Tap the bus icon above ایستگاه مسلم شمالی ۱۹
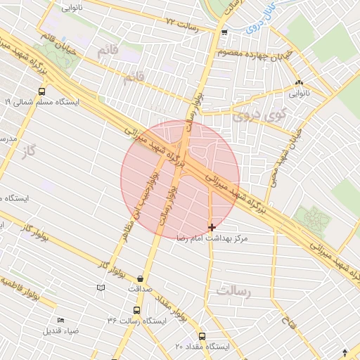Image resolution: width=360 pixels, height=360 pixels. click(42, 91)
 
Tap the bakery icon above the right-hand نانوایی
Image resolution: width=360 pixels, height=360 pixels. click(300, 82)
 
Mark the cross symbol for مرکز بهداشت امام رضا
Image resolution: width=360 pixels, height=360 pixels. click(212, 227)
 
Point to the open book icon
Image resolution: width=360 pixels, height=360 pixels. click(101, 288)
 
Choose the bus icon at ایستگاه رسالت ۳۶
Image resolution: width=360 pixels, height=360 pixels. click(136, 309)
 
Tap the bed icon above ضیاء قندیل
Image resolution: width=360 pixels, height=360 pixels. click(61, 321)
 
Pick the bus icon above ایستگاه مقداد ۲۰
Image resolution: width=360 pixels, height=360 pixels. click(202, 336)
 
